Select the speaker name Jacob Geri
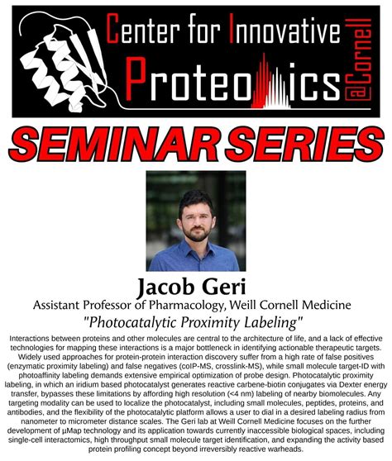coord(196,286)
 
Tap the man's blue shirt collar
coord(195,250)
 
